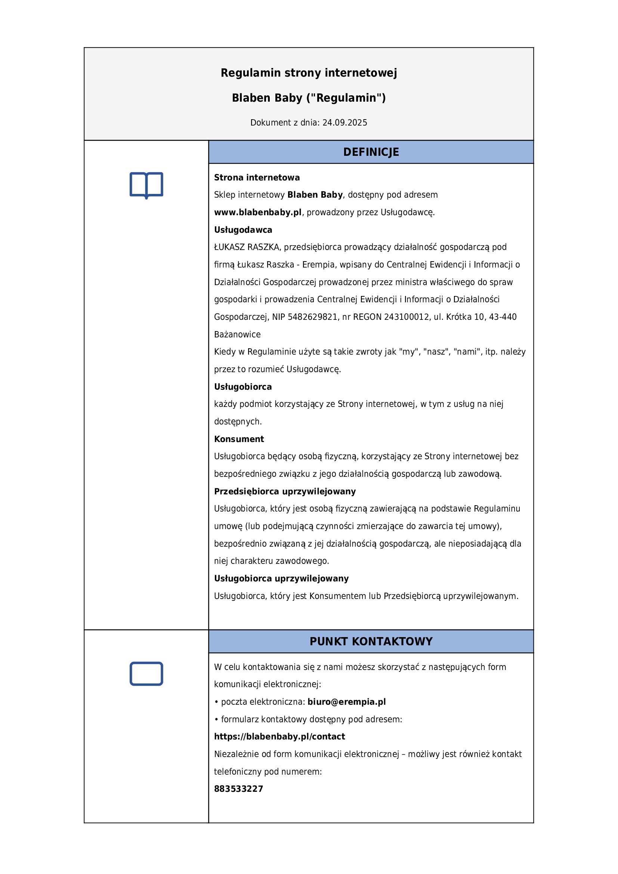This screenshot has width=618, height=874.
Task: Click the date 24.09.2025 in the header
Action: point(344,123)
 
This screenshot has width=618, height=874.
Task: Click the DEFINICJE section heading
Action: point(371,152)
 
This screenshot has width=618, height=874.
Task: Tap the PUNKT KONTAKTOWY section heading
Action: point(371,642)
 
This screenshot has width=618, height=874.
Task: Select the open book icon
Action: point(146,185)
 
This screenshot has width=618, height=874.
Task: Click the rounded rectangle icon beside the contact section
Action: point(146,674)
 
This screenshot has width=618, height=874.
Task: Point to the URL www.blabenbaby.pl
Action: point(258,212)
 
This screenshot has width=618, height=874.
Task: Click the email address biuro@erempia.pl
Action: point(346,702)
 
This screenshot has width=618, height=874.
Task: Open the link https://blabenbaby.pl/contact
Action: point(279,736)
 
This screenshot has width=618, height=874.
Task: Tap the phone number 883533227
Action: point(238,789)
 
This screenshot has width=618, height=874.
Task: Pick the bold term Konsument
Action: point(239,439)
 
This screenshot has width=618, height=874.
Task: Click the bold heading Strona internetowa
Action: point(256,177)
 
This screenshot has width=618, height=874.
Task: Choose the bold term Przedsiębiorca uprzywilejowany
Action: point(285,491)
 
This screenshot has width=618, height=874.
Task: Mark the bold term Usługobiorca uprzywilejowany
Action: point(281,578)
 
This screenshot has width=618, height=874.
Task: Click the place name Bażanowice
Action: point(237,334)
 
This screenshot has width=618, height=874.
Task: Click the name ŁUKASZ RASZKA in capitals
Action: point(247,247)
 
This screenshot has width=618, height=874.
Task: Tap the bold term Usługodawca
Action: point(243,230)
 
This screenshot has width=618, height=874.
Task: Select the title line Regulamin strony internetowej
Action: point(309,73)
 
